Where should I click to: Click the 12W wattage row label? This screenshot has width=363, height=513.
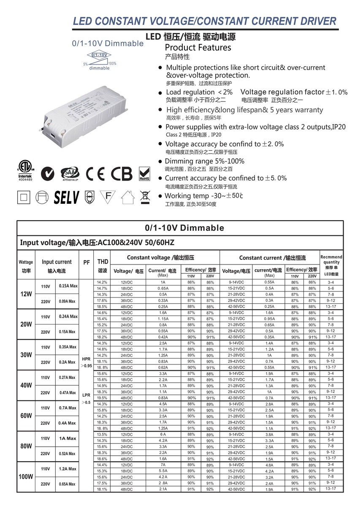(x=26, y=294)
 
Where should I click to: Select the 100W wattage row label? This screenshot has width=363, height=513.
(x=26, y=477)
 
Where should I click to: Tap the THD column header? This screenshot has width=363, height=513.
(x=103, y=262)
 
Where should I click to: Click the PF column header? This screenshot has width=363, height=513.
(x=87, y=262)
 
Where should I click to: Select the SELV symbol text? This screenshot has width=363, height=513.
(x=66, y=197)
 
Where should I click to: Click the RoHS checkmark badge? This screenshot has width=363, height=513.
(x=144, y=173)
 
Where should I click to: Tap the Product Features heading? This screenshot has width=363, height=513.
(x=198, y=47)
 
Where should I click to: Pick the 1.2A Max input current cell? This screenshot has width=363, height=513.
(x=68, y=469)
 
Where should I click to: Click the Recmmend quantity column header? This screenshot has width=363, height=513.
(x=331, y=265)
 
